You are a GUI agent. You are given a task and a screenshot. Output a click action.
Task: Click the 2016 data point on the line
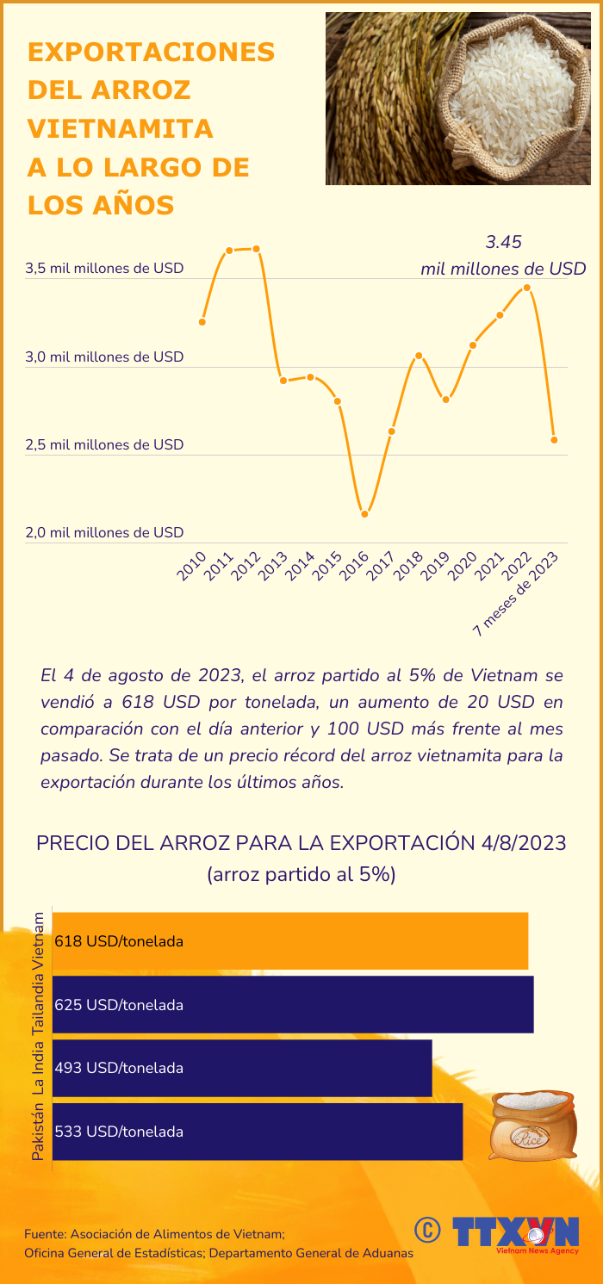[365, 514]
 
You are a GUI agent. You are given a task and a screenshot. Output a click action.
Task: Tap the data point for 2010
[202, 321]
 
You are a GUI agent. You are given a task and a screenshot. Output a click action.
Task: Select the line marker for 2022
[527, 288]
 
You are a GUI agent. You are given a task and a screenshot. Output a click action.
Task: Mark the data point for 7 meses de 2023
[554, 440]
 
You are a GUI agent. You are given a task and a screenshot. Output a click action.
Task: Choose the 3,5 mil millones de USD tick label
[104, 268]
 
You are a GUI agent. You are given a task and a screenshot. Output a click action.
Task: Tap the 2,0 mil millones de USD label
[104, 532]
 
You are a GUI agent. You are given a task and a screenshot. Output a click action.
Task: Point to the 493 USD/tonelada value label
[119, 1068]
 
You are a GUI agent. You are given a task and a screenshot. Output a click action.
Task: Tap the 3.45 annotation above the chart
[504, 242]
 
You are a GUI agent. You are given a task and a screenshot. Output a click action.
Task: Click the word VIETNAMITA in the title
[121, 128]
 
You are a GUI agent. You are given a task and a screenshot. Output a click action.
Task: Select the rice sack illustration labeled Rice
[532, 1124]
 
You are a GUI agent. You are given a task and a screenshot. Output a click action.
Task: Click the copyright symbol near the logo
[427, 1230]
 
